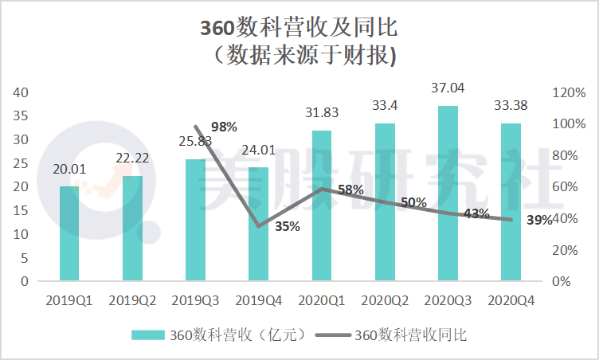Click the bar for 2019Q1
click(69, 233)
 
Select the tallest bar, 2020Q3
click(448, 194)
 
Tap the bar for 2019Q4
click(258, 224)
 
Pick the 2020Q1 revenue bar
click(322, 205)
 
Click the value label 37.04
click(448, 88)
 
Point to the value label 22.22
click(132, 158)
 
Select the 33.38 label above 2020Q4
click(511, 105)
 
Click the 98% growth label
click(224, 127)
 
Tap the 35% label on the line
click(288, 227)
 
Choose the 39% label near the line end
click(539, 220)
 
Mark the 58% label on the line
click(350, 190)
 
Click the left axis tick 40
click(21, 92)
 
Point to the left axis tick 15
click(21, 210)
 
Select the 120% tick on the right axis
click(569, 92)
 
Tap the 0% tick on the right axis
click(562, 282)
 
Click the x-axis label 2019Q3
click(195, 301)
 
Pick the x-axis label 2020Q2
click(385, 301)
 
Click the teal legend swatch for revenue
click(148, 335)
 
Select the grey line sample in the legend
click(333, 335)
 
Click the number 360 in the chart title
click(217, 28)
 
